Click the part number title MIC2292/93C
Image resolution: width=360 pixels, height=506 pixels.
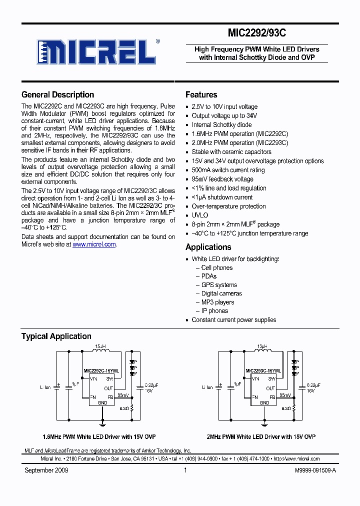click(256, 33)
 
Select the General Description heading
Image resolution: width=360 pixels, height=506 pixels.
click(57, 94)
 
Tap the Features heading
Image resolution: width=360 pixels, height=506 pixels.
click(201, 94)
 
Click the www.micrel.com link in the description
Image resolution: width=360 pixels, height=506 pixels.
click(94, 244)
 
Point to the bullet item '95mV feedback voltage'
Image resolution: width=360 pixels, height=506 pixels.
click(222, 179)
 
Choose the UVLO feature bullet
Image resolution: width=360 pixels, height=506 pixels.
click(199, 215)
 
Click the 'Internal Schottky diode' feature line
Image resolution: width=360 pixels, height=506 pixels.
click(221, 125)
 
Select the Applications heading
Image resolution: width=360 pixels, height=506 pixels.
click(208, 247)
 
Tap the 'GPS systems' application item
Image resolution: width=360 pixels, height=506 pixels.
click(219, 285)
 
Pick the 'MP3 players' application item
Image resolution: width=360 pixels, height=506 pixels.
click(217, 302)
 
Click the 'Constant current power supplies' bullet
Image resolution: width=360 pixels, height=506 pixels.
click(233, 320)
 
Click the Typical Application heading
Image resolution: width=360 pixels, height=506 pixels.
click(56, 336)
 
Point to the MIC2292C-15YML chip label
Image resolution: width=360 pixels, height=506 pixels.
click(101, 371)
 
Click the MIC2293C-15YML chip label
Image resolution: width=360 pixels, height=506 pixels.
click(263, 371)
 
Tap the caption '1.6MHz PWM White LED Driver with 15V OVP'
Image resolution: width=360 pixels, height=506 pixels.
click(100, 436)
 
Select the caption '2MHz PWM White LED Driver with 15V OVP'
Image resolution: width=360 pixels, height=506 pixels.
click(261, 436)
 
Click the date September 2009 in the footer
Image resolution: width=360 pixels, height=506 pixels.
click(46, 470)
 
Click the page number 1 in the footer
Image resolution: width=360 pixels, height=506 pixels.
click(185, 470)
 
